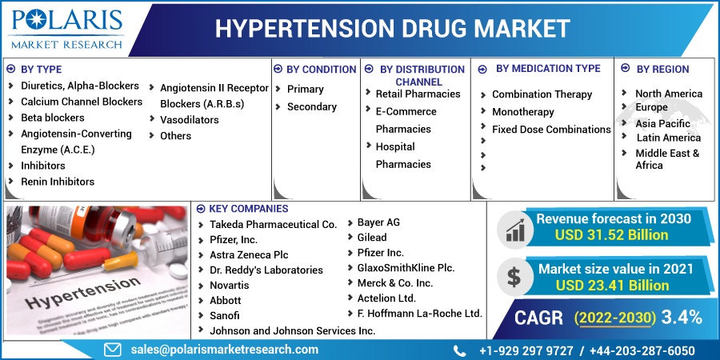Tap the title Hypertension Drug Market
393,29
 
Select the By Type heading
42,70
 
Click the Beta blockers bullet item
53,118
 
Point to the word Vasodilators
189,120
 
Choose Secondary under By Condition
312,107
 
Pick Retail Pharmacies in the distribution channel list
418,94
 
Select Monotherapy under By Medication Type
523,112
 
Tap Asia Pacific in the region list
662,123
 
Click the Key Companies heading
249,209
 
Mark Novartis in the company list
229,285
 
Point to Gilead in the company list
372,238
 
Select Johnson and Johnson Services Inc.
293,330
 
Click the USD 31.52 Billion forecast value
611,235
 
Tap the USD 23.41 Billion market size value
612,285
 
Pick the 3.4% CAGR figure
682,318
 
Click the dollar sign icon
514,277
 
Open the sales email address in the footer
225,350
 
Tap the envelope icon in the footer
113,350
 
